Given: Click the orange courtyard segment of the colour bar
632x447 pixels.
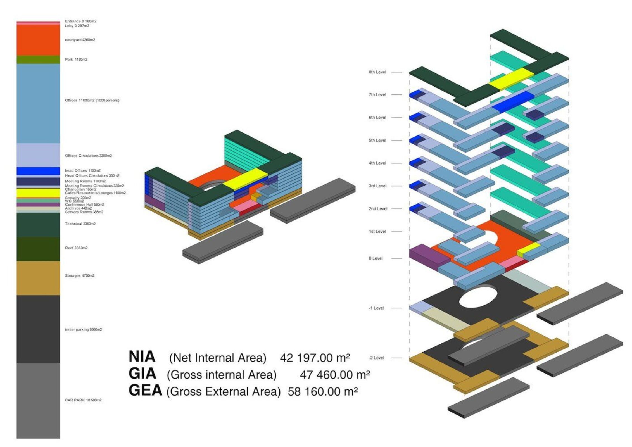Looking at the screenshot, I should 38,40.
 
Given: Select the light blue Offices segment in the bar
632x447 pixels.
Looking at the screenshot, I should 38,103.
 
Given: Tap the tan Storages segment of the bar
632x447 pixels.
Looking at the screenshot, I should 38,278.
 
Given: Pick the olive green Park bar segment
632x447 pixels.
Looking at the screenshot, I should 38,60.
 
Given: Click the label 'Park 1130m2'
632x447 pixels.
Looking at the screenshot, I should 76,60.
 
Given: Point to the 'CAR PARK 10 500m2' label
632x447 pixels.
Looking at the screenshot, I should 83,400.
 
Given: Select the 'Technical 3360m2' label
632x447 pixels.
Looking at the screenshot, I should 80,224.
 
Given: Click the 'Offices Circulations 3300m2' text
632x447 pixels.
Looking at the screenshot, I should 88,156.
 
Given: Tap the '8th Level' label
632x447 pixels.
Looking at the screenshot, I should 377,72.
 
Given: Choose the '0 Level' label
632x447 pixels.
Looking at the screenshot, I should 376,258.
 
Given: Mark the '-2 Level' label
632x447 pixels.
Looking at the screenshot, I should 376,358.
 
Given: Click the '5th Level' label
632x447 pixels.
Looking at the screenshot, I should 377,140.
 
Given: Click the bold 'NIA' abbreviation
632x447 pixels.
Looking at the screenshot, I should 142,357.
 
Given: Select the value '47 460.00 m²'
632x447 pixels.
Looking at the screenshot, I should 335,375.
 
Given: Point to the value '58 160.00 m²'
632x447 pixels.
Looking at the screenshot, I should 323,392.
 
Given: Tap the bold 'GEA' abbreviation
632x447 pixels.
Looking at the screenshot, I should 145,391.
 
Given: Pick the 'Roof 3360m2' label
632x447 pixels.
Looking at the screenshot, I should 76,248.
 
